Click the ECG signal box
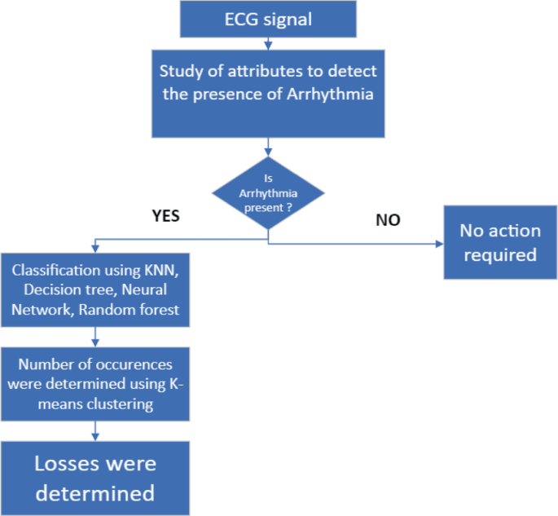tap(267, 19)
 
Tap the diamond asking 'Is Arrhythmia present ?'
tap(268, 193)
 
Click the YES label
tap(165, 217)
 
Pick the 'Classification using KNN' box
tap(96, 290)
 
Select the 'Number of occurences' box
tap(96, 383)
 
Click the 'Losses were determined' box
tap(96, 478)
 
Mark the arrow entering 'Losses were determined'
tap(96, 434)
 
